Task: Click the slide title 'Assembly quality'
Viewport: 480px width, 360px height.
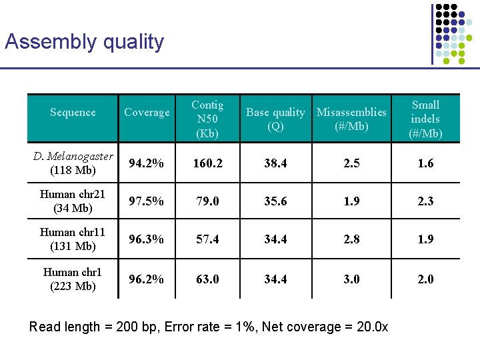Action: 84,42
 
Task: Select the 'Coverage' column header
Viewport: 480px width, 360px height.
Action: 147,113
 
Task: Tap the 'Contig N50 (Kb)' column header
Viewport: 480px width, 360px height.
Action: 207,119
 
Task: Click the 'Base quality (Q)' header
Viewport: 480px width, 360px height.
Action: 275,119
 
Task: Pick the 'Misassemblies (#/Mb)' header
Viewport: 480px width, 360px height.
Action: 351,119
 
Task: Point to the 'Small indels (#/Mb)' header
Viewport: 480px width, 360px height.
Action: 425,119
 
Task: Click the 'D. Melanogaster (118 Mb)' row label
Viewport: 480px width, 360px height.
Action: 73,163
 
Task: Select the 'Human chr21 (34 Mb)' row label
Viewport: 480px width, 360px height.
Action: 73,201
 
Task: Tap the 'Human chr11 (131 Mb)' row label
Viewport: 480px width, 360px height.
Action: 73,239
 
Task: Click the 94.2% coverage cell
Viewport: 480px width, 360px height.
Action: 147,163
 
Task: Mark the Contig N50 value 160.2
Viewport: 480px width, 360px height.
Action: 207,163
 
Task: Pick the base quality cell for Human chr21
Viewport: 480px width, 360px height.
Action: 275,201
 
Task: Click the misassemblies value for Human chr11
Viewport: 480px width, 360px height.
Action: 351,239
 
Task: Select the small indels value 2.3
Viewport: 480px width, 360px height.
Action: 425,201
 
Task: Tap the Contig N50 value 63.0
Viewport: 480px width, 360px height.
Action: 207,279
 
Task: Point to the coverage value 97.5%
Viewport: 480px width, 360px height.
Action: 147,201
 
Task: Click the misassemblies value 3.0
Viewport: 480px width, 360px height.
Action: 351,279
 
